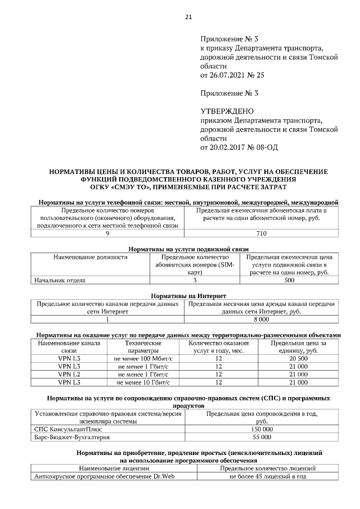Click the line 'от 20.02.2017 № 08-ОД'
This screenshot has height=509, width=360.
point(239,147)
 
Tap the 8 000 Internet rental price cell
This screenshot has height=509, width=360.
point(261,319)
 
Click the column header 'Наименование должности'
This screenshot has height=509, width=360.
point(91,257)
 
